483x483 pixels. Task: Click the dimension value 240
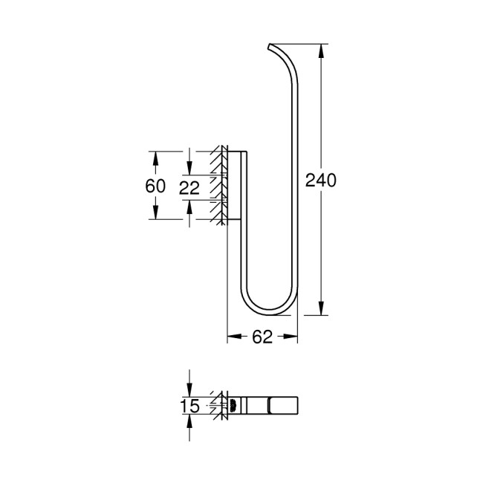pos(322,180)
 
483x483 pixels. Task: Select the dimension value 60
pos(155,186)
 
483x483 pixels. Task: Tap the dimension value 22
pos(191,187)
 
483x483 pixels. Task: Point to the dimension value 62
pos(262,337)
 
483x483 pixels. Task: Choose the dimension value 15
pos(191,406)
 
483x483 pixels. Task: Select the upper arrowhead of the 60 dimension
pos(155,157)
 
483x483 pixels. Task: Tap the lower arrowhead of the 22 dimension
pos(191,204)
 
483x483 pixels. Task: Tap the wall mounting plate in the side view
pos(236,186)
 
